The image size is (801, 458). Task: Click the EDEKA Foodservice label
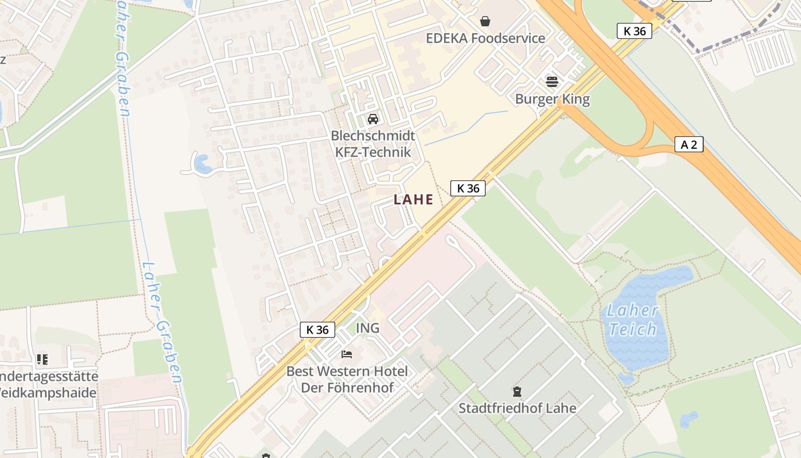point(485,38)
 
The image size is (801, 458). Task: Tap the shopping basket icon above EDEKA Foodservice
point(485,21)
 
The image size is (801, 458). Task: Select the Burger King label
point(552,99)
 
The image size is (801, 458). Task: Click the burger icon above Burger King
point(552,81)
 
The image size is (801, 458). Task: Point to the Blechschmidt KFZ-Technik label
point(372,144)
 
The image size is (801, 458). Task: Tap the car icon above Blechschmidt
point(373,119)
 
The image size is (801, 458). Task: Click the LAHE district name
point(413,200)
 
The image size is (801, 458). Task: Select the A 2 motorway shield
point(689,144)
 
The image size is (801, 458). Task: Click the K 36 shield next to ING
point(318,330)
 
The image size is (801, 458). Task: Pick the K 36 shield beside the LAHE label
point(468,188)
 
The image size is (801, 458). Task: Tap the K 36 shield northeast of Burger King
point(635,31)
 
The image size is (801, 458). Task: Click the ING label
point(368,328)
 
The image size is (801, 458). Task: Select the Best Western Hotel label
point(347,371)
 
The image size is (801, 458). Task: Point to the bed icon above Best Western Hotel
point(347,354)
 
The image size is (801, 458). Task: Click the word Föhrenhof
point(364,388)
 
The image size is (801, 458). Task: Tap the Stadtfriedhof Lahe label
point(517,408)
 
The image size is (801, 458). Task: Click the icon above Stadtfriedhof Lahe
point(517,392)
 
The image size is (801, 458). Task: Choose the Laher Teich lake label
point(632,320)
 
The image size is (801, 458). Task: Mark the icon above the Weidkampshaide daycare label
point(42,360)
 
